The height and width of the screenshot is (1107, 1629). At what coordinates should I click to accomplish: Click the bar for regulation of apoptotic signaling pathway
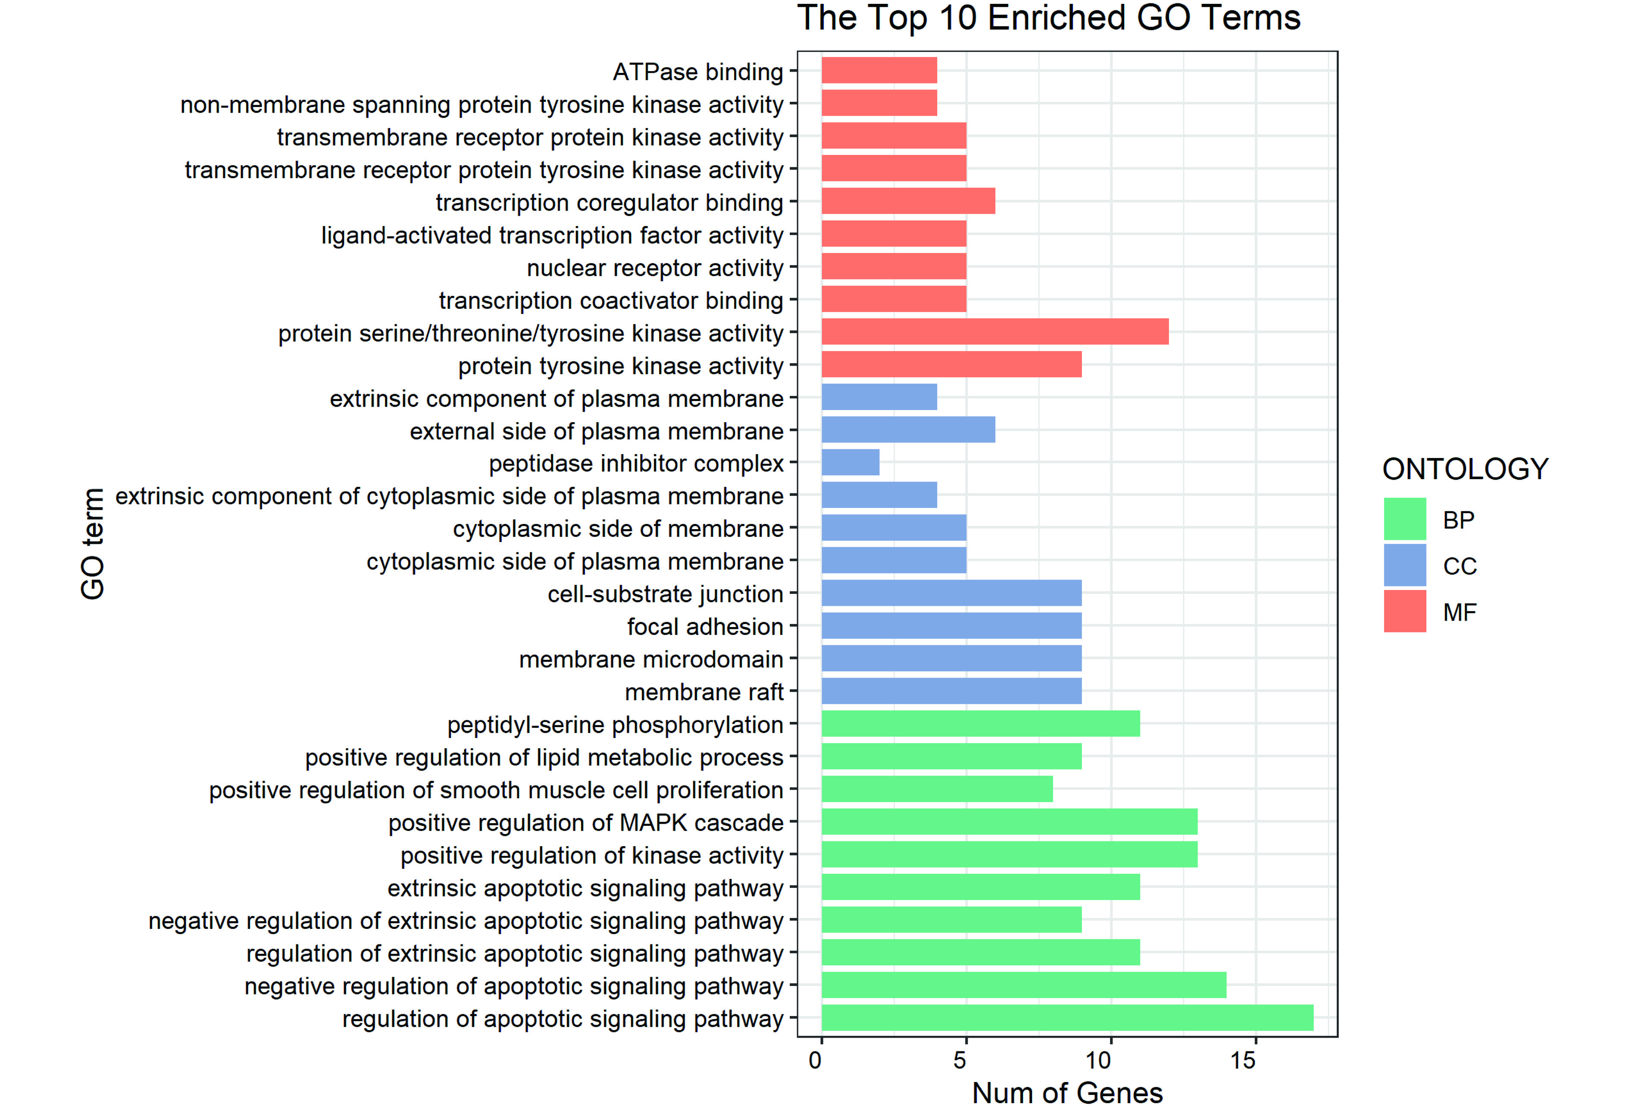(1067, 1017)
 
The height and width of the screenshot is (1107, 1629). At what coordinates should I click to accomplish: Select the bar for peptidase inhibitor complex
(850, 463)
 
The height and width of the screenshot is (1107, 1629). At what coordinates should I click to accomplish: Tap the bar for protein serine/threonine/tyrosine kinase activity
(994, 332)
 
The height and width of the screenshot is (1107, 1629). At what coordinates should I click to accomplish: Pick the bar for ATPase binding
(879, 70)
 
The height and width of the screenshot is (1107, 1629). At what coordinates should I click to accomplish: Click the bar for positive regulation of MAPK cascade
(1010, 821)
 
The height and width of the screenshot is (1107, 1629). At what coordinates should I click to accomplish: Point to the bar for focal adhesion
(951, 625)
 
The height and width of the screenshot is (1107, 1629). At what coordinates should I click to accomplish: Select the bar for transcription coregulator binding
(908, 201)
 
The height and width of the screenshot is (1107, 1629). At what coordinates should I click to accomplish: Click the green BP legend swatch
(1405, 519)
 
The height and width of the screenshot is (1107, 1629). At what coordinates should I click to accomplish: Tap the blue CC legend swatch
(1405, 565)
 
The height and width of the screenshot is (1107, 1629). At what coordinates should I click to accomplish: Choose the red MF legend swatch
(1405, 612)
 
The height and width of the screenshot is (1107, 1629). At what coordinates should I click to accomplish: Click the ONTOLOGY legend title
(1465, 469)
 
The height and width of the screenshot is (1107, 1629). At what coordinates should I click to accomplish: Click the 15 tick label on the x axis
(1243, 1060)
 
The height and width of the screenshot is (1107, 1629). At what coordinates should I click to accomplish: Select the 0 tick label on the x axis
(815, 1060)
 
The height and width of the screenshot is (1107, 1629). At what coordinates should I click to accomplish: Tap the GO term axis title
(93, 544)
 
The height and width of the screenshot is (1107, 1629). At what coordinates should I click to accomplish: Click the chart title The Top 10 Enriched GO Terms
(1049, 18)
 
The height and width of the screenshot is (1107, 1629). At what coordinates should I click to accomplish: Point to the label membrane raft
(704, 692)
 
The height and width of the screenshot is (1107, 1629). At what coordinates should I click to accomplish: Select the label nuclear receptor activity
(655, 268)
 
